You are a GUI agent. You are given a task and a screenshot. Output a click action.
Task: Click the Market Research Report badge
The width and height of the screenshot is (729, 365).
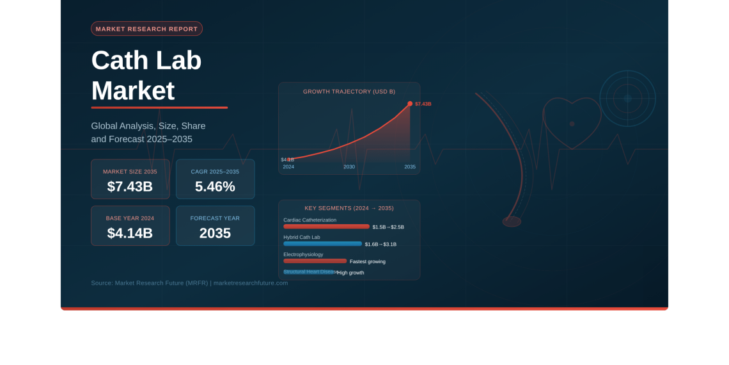click(x=146, y=29)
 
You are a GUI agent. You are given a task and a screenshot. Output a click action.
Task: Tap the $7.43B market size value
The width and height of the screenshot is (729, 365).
click(x=130, y=186)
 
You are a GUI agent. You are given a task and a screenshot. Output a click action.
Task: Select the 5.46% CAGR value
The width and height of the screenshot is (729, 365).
click(x=215, y=186)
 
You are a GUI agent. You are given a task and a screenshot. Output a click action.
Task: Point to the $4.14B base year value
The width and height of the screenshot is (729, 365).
click(x=130, y=233)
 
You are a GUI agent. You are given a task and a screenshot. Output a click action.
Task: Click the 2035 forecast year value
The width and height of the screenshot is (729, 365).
click(x=215, y=233)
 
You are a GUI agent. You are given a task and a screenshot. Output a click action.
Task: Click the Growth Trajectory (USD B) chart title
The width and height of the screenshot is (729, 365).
click(x=349, y=92)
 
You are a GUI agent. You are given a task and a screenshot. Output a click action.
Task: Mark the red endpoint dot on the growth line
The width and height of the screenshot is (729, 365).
click(x=410, y=103)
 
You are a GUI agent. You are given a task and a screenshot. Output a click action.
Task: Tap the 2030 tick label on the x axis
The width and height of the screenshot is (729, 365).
click(x=349, y=166)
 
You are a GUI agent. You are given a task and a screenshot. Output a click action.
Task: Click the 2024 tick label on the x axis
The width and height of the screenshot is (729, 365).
click(x=288, y=166)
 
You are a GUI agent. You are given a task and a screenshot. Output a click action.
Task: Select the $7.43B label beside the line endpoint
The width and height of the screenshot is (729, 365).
click(x=423, y=104)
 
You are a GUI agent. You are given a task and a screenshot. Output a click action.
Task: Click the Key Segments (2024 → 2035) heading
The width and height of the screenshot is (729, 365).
click(x=349, y=208)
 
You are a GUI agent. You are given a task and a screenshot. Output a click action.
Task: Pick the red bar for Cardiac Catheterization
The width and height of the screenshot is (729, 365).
click(x=326, y=227)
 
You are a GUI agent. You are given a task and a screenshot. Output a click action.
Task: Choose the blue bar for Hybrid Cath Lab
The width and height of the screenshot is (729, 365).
click(x=322, y=244)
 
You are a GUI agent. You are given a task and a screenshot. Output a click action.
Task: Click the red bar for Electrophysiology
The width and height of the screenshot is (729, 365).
click(x=315, y=261)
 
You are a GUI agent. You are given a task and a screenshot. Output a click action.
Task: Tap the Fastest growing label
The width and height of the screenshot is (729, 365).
click(x=368, y=261)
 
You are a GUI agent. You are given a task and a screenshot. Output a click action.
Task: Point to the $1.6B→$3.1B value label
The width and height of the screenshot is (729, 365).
click(x=380, y=244)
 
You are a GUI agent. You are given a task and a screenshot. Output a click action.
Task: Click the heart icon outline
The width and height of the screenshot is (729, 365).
click(x=572, y=122)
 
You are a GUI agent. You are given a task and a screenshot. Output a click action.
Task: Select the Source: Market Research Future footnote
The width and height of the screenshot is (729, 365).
click(x=189, y=283)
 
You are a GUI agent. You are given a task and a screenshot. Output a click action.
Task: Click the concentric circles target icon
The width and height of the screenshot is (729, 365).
click(x=627, y=98)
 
